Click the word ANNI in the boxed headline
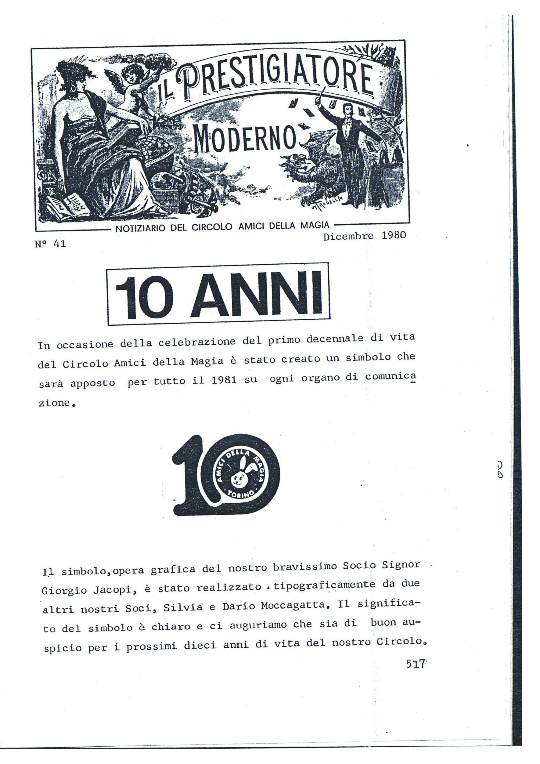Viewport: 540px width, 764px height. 256,295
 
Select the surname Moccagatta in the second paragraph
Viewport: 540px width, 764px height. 293,606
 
